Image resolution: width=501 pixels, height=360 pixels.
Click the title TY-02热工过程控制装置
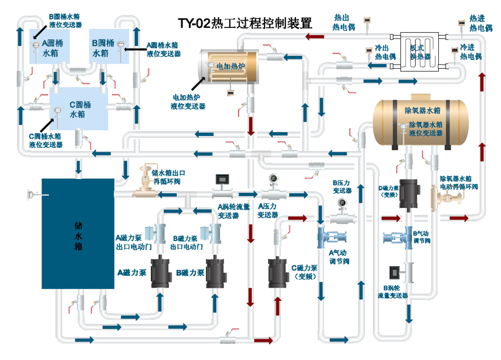pos(245,23)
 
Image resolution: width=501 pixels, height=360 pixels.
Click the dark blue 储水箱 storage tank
pos(78,233)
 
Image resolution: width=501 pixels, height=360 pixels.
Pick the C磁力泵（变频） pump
pos(278,272)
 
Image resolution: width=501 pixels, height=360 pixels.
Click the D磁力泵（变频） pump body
pos(410,194)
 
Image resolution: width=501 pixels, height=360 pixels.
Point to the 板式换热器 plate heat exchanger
pos(419,51)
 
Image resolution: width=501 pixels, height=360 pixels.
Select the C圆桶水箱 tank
pos(79,109)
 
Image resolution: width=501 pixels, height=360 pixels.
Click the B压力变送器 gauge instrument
pos(342,211)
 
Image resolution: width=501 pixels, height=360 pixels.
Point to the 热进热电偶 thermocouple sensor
pos(461,27)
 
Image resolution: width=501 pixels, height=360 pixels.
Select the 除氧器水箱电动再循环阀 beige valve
pos(446,198)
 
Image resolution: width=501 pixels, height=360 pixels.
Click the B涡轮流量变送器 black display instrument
pos(395,272)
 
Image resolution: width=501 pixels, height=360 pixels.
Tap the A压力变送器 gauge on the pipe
pos(273,187)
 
